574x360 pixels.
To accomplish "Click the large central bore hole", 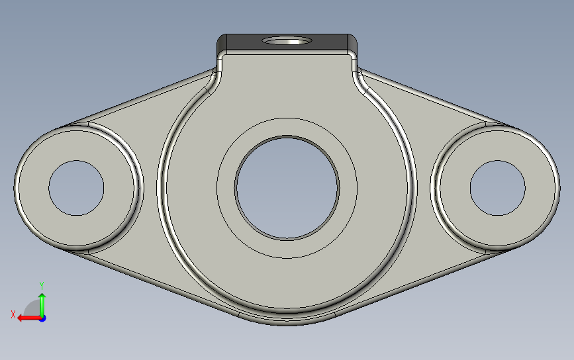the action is [287, 188].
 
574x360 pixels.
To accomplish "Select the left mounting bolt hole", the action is [77, 188].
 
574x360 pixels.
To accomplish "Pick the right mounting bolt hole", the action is [497, 188].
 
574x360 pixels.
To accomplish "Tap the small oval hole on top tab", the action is [287, 40].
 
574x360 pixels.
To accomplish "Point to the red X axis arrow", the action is [29, 318].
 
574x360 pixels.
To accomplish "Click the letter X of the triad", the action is [13, 314].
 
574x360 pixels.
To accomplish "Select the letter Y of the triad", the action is [42, 285].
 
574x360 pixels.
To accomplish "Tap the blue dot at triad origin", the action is [42, 319].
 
